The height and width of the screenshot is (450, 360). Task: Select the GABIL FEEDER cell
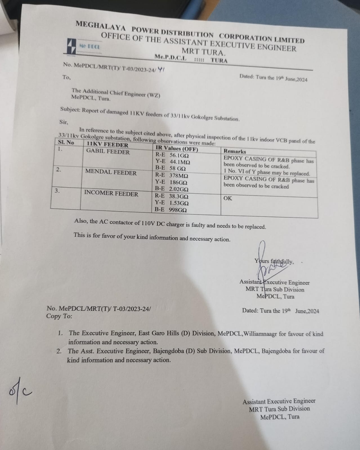pos(108,152)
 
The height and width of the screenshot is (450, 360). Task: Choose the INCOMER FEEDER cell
pos(111,194)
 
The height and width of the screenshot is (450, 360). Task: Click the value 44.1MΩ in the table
pos(180,162)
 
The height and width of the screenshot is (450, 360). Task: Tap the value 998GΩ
pos(178,210)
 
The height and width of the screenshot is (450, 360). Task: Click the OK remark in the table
pos(228,198)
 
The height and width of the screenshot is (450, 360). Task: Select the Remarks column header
pos(235,151)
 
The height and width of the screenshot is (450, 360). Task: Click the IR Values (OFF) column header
pos(177,148)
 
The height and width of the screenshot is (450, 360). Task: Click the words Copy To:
pos(59,316)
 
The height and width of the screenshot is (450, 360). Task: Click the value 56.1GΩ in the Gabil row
pos(179,155)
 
